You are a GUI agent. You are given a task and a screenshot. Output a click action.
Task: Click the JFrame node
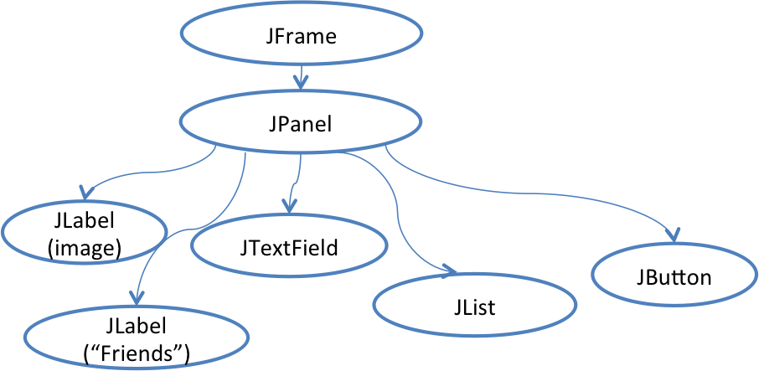coord(299,39)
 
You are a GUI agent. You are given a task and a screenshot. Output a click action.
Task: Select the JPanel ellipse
coord(299,124)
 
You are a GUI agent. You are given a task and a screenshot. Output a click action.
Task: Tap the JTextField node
coord(290,248)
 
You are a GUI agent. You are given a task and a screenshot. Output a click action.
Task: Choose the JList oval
coord(474,307)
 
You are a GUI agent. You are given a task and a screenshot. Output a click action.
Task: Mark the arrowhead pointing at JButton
coord(673,233)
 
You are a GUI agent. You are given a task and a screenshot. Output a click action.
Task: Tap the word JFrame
coord(299,39)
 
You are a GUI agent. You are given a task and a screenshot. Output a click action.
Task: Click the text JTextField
coord(290,248)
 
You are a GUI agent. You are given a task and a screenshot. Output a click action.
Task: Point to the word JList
coord(474,307)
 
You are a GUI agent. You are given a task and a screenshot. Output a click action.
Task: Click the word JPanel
coord(299,124)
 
